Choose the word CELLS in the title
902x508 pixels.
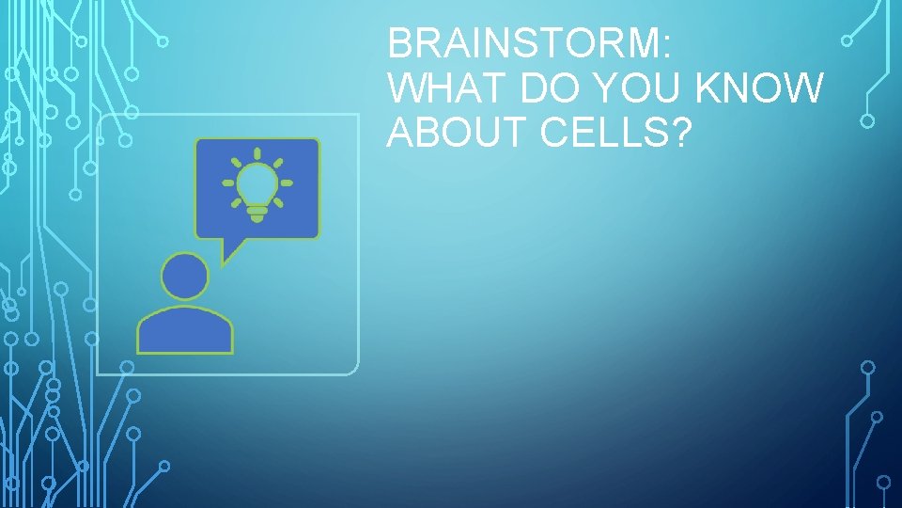point(606,135)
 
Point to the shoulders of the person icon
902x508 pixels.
point(184,331)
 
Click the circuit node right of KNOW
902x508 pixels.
point(867,120)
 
